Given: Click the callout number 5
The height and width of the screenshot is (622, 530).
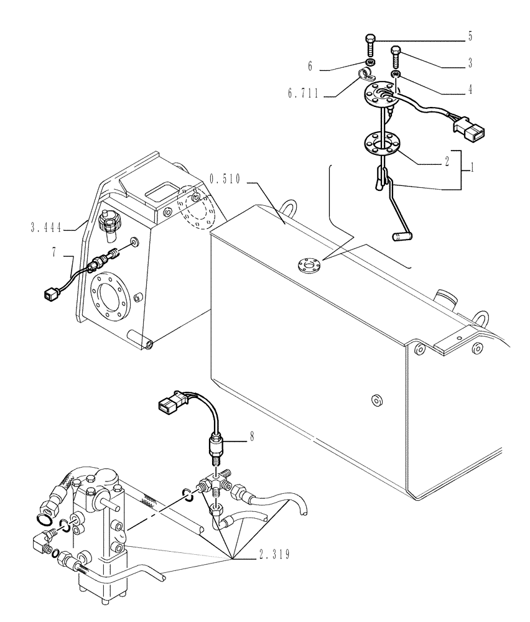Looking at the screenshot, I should point(470,37).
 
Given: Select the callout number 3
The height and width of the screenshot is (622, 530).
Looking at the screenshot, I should point(470,63).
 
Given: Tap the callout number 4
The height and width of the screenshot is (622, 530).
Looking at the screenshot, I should point(470,90).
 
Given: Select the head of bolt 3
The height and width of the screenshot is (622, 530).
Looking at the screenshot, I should point(395,50).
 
